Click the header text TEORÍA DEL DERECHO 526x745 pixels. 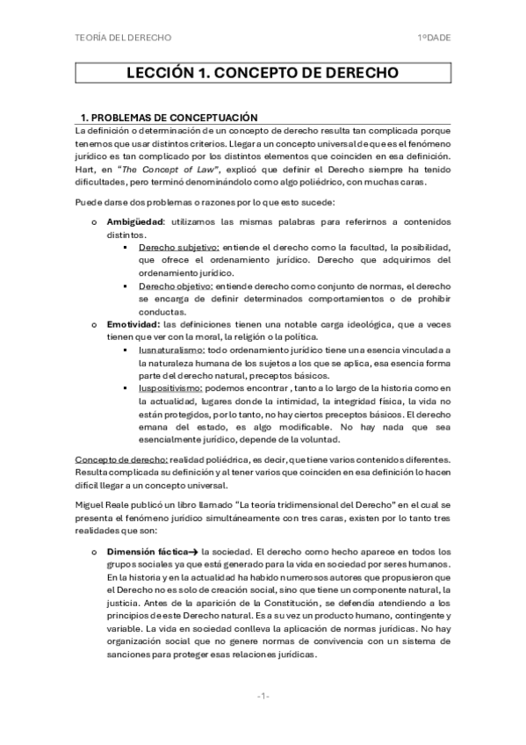click(x=123, y=38)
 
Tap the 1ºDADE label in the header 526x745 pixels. click(x=434, y=38)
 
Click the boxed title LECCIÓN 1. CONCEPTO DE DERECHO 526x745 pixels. click(x=262, y=73)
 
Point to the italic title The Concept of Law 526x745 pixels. click(x=166, y=169)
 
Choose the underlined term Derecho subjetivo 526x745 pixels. click(x=179, y=249)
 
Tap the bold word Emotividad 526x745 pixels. click(x=132, y=324)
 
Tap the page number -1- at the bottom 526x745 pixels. click(x=263, y=696)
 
